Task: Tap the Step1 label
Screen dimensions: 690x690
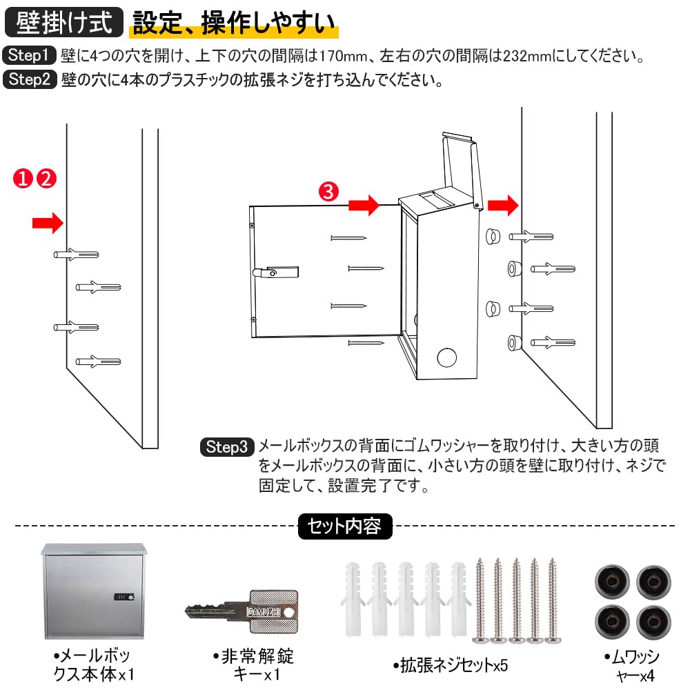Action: coord(28,56)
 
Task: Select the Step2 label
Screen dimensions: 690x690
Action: coord(28,80)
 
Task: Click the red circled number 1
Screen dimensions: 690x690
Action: coord(23,179)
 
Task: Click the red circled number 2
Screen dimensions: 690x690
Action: coord(46,179)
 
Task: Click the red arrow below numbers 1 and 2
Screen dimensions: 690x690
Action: coord(48,222)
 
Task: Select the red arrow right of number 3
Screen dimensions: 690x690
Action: coord(364,205)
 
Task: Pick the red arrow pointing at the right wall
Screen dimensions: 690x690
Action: coord(503,205)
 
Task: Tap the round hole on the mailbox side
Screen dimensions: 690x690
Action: coord(447,358)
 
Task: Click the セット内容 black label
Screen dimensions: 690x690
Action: coord(344,527)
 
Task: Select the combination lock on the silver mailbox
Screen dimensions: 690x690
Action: coord(125,598)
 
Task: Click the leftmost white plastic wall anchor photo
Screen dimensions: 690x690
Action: coord(353,600)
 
